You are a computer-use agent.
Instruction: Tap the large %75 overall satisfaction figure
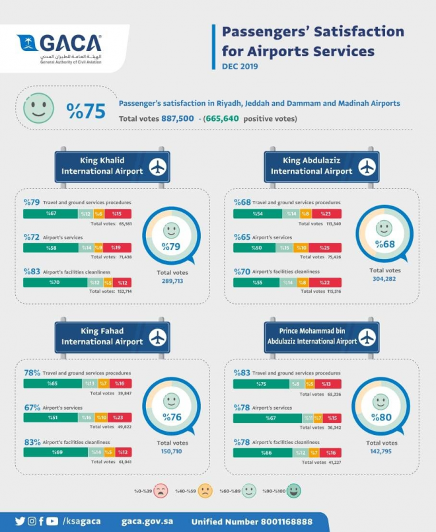point(86,111)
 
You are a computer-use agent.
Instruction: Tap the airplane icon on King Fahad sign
point(157,337)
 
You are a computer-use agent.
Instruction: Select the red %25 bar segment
point(325,247)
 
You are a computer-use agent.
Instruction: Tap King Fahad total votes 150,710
point(171,451)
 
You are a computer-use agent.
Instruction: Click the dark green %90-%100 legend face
point(294,490)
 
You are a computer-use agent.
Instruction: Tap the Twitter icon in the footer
point(20,521)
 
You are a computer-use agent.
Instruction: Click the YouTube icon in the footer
point(52,521)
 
